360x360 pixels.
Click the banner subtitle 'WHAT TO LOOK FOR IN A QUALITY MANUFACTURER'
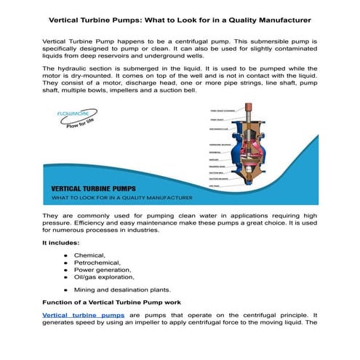(121, 198)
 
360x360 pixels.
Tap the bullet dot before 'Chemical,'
(66, 256)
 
